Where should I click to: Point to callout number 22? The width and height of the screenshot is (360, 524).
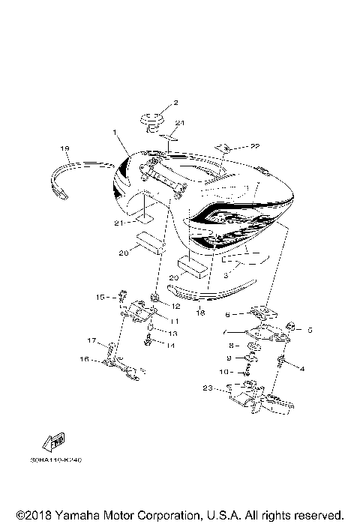(234, 146)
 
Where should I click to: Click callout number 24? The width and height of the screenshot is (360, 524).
(179, 123)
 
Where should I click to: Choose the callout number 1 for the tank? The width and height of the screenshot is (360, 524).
(115, 133)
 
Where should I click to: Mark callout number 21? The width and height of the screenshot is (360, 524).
(118, 223)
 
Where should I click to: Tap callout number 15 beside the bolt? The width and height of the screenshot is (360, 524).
(99, 298)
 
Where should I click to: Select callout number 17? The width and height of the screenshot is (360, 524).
(91, 341)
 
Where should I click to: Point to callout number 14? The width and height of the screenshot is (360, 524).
(170, 346)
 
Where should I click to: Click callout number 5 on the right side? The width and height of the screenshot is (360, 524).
(308, 329)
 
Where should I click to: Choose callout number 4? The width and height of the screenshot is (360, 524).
(302, 368)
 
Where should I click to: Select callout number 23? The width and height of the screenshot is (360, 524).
(207, 388)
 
